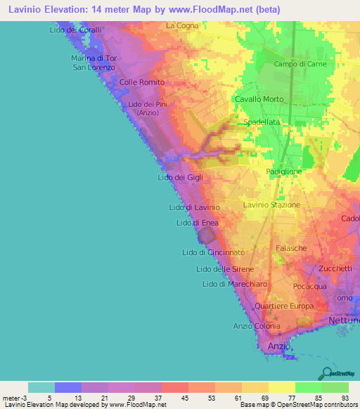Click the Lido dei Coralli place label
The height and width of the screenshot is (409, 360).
click(x=77, y=30)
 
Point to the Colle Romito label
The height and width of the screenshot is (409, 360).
click(x=142, y=82)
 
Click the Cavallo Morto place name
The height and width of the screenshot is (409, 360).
click(x=259, y=99)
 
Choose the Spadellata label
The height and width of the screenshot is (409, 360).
click(x=262, y=122)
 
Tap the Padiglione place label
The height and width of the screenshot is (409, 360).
click(x=284, y=171)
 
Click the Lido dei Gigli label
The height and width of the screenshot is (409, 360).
click(x=180, y=178)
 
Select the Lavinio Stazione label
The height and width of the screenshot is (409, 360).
click(x=271, y=205)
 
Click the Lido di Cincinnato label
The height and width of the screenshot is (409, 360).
click(x=213, y=252)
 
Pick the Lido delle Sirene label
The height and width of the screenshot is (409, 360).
click(x=225, y=269)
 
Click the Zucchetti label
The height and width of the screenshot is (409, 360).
click(x=335, y=269)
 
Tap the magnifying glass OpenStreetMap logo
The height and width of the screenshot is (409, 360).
click(x=326, y=373)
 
